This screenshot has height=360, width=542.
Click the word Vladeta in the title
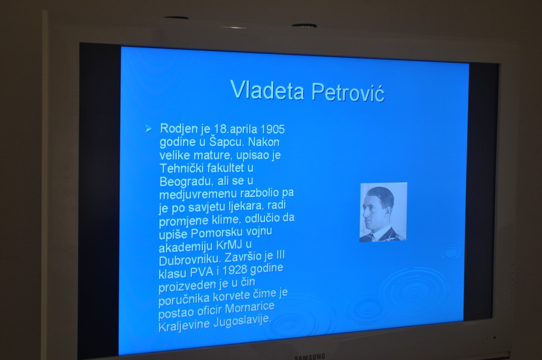pyautogui.click(x=267, y=90)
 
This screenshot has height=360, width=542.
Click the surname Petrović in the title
pyautogui.click(x=348, y=92)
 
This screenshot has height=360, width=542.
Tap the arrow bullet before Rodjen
pyautogui.click(x=149, y=129)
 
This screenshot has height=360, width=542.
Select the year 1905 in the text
pyautogui.click(x=273, y=130)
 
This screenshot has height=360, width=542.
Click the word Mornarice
pyautogui.click(x=250, y=307)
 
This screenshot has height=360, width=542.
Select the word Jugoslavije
pyautogui.click(x=242, y=321)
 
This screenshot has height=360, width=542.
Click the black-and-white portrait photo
pyautogui.click(x=383, y=212)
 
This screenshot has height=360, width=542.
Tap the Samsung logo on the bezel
pyautogui.click(x=310, y=356)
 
